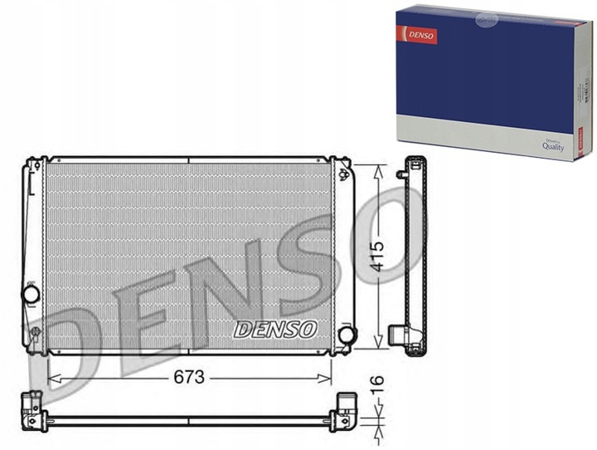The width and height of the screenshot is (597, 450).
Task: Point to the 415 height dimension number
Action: (x=378, y=257)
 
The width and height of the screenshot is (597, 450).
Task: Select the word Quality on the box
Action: (x=553, y=145)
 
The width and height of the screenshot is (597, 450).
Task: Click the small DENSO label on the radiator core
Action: (x=275, y=329)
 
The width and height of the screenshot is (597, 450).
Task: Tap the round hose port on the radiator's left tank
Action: (x=31, y=294)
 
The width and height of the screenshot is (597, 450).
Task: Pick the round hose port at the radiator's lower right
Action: (x=347, y=335)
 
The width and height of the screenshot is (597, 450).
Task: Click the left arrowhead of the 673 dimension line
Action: (x=52, y=377)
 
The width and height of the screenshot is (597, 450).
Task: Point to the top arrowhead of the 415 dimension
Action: (x=378, y=169)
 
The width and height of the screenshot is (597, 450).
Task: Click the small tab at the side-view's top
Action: (x=401, y=174)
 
